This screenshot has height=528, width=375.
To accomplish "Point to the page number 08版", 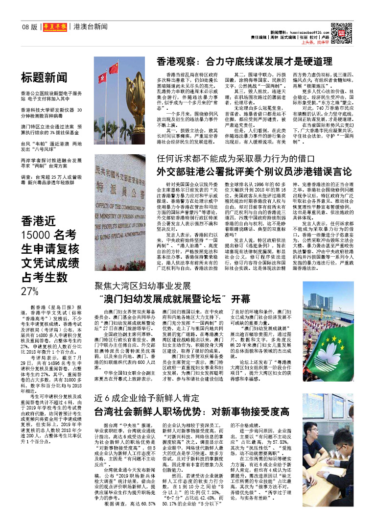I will (29, 27).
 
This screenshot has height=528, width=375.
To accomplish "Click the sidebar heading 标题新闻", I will (44, 77).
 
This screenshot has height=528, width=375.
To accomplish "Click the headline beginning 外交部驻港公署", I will (254, 172).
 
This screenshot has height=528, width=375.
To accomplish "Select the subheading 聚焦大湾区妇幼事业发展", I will (142, 286).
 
